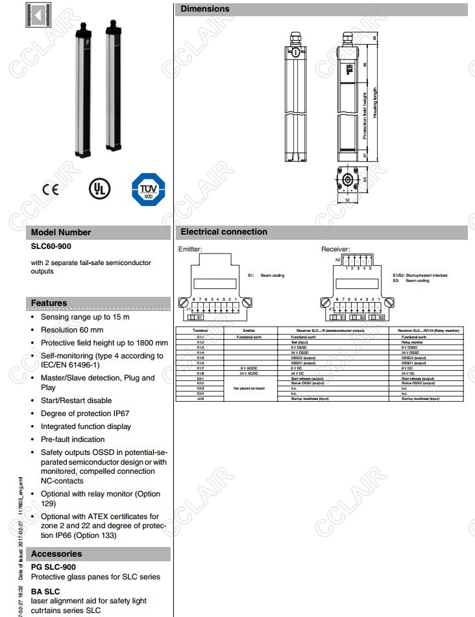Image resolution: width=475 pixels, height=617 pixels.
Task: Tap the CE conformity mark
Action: pyautogui.click(x=50, y=189)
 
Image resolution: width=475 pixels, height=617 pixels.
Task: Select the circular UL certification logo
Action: pyautogui.click(x=99, y=188)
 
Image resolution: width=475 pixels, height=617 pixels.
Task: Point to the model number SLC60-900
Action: pyautogui.click(x=51, y=246)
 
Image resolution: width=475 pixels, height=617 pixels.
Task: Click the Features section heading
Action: pyautogui.click(x=49, y=303)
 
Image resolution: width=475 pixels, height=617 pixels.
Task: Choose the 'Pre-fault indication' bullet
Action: pyautogui.click(x=73, y=439)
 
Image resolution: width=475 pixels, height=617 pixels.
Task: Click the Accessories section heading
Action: pyautogui.click(x=56, y=553)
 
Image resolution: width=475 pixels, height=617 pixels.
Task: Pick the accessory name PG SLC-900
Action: pyautogui.click(x=53, y=567)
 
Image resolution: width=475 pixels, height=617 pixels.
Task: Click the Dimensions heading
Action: pyautogui.click(x=205, y=9)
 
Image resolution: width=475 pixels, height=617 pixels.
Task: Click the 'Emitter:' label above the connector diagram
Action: pyautogui.click(x=189, y=249)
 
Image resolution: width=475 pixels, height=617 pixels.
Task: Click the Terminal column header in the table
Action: pyautogui.click(x=200, y=331)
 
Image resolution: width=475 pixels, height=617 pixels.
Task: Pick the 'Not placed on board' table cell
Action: pyautogui.click(x=249, y=388)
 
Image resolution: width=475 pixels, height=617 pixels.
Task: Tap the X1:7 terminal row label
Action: pyautogui.click(x=200, y=368)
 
